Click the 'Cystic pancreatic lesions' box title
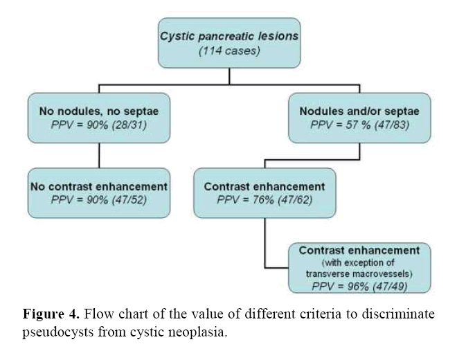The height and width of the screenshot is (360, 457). coord(229,37)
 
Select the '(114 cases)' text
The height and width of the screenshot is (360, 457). coord(229,51)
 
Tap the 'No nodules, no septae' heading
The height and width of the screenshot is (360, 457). coord(99,111)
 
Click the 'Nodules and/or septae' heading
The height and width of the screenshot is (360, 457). coord(359,111)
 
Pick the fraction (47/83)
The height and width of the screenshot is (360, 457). coord(392,125)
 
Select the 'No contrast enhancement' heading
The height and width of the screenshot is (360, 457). coord(99,186)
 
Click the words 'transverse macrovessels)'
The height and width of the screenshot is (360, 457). coord(359,274)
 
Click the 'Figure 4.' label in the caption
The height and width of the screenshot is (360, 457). coord(51,314)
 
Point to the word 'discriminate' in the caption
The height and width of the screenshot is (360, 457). coord(398,314)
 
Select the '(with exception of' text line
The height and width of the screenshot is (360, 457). coord(358,262)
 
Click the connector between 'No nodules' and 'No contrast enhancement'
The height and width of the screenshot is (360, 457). coord(99,155)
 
